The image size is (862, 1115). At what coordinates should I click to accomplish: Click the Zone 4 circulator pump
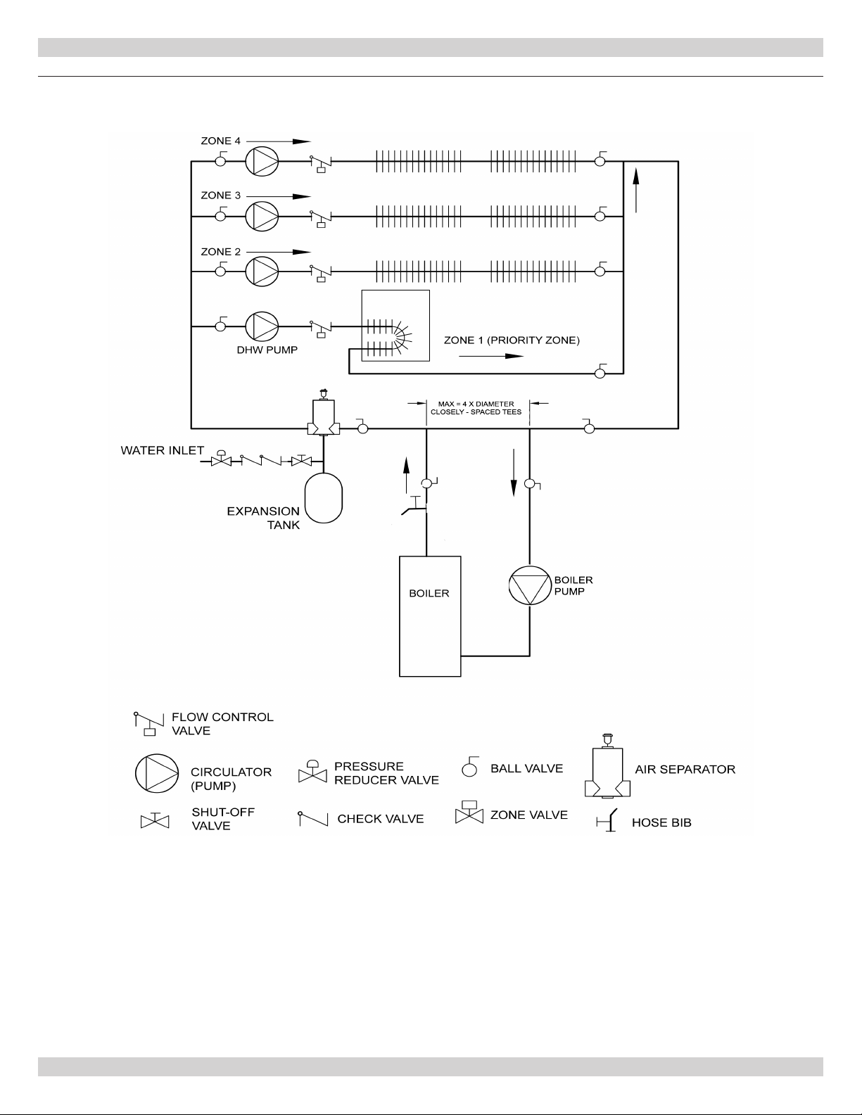[x=262, y=161]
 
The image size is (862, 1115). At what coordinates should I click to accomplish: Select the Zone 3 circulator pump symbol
[x=262, y=216]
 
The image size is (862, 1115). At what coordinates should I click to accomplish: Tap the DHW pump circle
[x=262, y=326]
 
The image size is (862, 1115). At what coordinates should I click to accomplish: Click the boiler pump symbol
[x=529, y=585]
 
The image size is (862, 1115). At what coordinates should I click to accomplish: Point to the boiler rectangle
[x=430, y=616]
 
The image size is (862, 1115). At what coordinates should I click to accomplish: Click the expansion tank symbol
[x=323, y=498]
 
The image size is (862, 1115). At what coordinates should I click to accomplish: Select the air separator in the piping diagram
[x=323, y=414]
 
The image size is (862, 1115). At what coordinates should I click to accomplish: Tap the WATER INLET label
[x=162, y=450]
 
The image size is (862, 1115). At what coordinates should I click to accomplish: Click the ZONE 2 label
[x=221, y=252]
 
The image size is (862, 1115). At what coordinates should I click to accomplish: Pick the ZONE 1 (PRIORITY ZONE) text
[x=512, y=340]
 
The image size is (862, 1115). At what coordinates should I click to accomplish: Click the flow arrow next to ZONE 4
[x=279, y=141]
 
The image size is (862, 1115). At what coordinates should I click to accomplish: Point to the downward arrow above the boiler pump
[x=513, y=473]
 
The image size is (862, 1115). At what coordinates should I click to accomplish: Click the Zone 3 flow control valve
[x=321, y=217]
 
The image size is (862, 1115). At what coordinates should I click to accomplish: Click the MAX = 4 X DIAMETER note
[x=476, y=404]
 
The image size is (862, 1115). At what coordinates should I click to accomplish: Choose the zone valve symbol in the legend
[x=469, y=812]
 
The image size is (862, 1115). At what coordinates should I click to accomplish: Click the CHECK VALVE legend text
[x=380, y=819]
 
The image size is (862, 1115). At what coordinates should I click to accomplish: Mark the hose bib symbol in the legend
[x=607, y=820]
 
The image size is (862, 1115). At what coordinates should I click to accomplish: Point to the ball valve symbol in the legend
[x=470, y=767]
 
